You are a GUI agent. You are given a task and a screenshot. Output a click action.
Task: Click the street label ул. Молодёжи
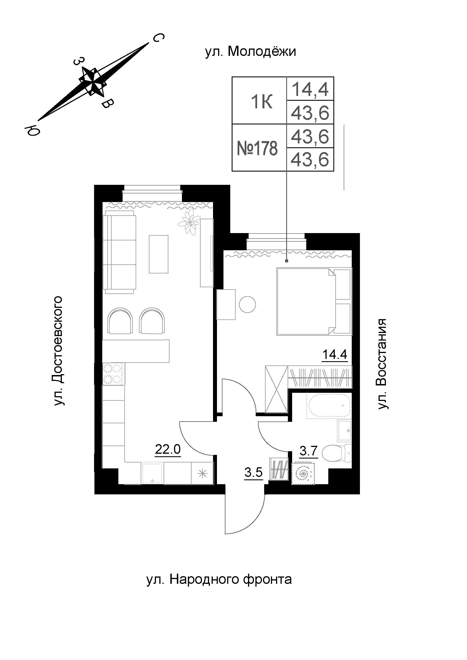pyautogui.click(x=250, y=52)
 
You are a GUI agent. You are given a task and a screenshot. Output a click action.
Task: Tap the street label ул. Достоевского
pyautogui.click(x=58, y=351)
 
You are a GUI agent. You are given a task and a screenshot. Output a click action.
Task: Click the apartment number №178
pyautogui.click(x=257, y=148)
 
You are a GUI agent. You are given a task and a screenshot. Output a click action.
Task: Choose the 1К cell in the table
pyautogui.click(x=262, y=102)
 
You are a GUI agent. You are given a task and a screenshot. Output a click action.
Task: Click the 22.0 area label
pyautogui.click(x=168, y=449)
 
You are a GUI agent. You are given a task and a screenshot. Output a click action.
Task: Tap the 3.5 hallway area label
pyautogui.click(x=253, y=473)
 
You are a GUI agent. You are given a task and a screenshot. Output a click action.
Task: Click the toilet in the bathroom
pyautogui.click(x=337, y=454)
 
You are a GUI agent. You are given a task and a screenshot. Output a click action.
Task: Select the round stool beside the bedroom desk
pyautogui.click(x=247, y=304)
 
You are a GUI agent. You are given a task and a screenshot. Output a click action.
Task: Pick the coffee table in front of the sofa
pyautogui.click(x=158, y=254)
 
